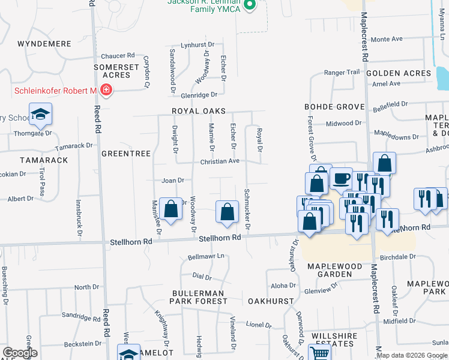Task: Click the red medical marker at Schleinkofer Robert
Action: pos(106,90)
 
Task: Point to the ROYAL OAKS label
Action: pos(199,111)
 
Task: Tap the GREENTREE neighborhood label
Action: pos(125,154)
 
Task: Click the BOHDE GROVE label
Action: pos(334,107)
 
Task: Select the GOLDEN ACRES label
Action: pos(399,73)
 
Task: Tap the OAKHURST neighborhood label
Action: pos(271,301)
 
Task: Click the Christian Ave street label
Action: pos(220,161)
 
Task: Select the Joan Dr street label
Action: pos(172,180)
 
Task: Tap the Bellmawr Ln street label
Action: pos(206,256)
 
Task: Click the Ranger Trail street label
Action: pos(342,73)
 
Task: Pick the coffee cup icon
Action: pos(341,178)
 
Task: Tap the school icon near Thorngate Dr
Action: pos(40,114)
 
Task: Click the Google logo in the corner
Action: pos(20,353)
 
